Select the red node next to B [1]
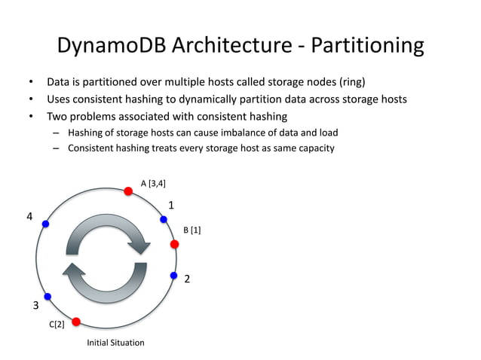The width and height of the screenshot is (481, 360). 174,244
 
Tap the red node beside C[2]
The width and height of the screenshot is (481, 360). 76,322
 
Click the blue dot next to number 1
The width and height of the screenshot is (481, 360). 163,219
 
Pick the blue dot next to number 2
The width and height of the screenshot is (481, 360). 173,275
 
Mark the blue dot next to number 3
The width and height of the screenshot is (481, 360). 47,296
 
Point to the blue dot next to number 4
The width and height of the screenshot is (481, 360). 46,224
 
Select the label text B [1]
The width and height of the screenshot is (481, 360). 192,229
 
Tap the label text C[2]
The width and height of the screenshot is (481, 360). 57,325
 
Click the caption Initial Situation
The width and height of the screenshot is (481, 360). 115,343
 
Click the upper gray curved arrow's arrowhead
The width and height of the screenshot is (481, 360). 140,244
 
